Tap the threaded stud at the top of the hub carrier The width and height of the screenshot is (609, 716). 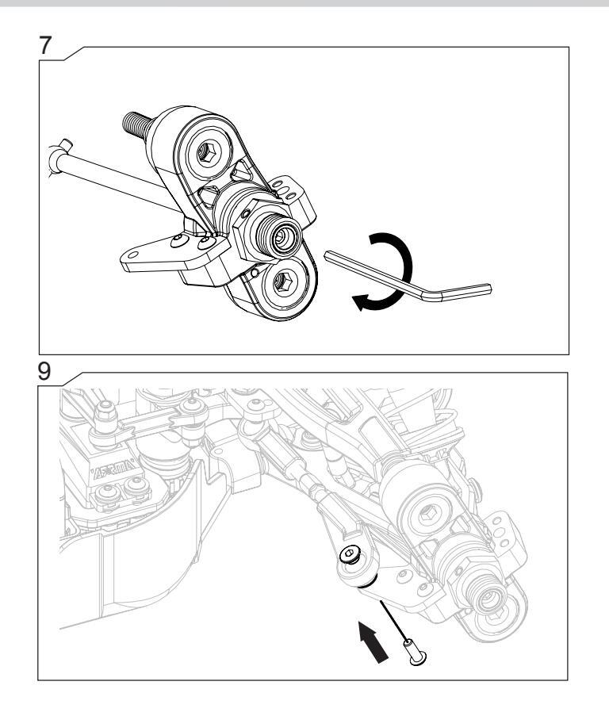coord(136,124)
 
